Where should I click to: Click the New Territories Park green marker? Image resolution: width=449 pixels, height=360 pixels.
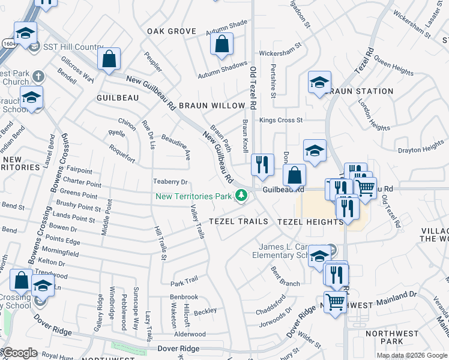pyautogui.click(x=241, y=196)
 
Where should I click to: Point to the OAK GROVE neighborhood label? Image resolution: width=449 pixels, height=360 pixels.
pyautogui.click(x=172, y=31)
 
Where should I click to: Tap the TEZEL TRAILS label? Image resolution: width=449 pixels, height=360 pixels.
pyautogui.click(x=238, y=221)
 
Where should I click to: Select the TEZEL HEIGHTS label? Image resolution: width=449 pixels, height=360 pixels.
pyautogui.click(x=310, y=221)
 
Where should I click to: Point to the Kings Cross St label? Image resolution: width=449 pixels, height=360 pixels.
pyautogui.click(x=281, y=120)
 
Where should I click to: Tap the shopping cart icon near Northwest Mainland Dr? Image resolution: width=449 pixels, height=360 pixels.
pyautogui.click(x=335, y=301)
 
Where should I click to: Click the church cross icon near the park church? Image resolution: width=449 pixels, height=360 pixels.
pyautogui.click(x=38, y=76)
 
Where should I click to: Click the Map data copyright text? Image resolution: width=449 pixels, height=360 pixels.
pyautogui.click(x=412, y=355)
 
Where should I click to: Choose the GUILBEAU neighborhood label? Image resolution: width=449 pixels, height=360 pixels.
pyautogui.click(x=118, y=97)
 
